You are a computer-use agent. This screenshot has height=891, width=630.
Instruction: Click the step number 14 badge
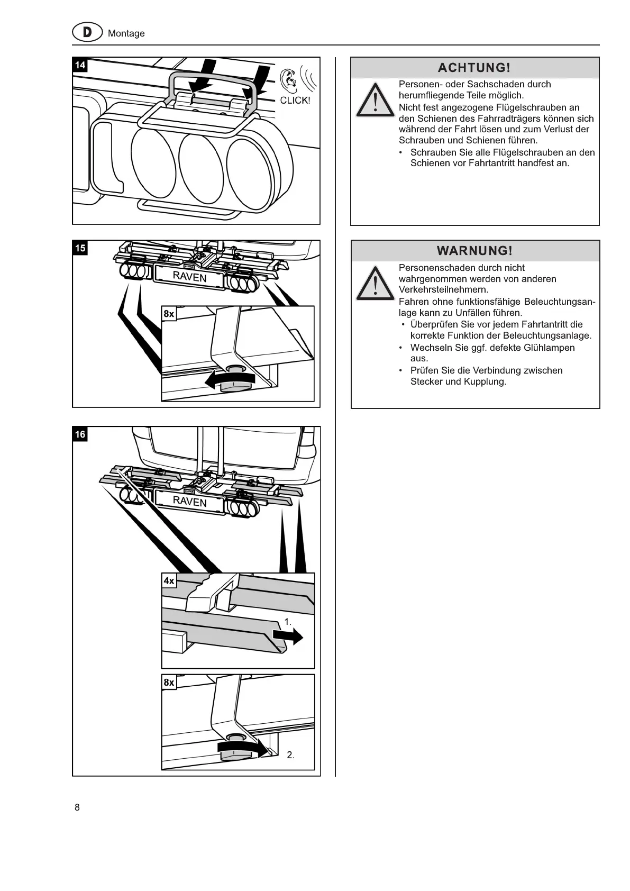point(80,65)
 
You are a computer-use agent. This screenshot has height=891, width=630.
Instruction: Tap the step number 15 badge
point(80,248)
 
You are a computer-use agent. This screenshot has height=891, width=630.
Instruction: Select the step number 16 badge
point(80,434)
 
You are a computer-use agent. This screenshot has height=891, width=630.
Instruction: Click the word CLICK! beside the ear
point(295,100)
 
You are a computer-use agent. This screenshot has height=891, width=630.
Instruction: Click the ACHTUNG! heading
point(474,68)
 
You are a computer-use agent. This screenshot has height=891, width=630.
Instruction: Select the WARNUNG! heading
point(474,250)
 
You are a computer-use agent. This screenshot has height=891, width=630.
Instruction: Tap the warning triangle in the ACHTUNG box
point(375,101)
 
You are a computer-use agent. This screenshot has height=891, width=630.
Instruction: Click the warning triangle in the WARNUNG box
point(375,284)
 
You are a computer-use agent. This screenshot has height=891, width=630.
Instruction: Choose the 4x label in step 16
point(169,581)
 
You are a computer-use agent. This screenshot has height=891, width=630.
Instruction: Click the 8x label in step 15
point(169,314)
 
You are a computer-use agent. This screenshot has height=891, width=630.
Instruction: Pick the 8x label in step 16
point(169,683)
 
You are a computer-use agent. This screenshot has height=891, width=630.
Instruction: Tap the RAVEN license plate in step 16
point(189,501)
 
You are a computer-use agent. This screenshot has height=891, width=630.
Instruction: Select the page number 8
point(77,807)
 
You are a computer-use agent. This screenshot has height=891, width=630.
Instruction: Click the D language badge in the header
point(87,33)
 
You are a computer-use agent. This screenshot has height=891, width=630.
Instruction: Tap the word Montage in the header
point(126,33)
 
